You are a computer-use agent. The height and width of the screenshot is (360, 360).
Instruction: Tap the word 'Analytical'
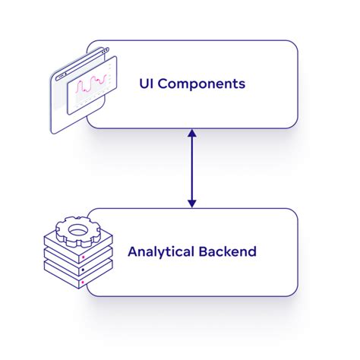(156, 251)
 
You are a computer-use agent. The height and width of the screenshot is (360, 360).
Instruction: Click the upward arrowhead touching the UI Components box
(192, 134)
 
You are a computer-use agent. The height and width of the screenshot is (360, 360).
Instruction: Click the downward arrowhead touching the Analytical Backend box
(192, 203)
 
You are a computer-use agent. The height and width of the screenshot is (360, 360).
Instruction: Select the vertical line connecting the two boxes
(192, 169)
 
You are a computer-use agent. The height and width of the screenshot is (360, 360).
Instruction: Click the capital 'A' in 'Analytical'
(132, 251)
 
